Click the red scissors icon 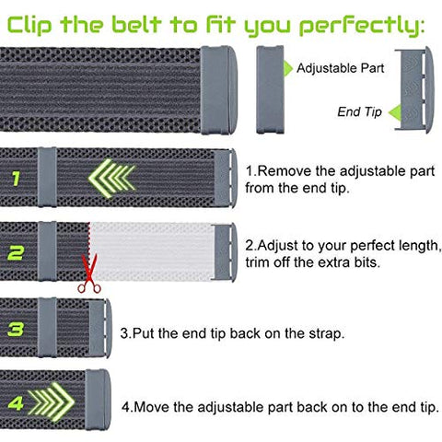[90, 276]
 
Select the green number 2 [17, 249]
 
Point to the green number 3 [17, 328]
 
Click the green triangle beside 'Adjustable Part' [287, 67]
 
